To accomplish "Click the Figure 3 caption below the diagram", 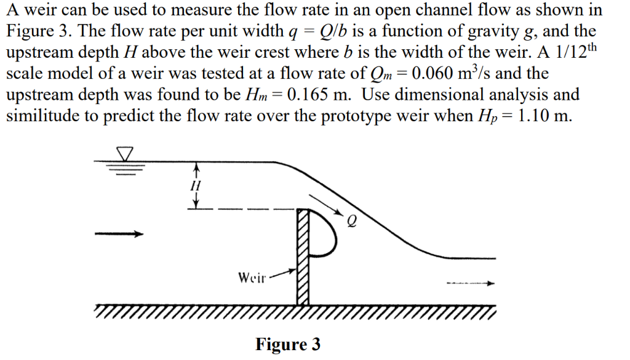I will (288, 344).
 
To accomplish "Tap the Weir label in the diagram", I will (252, 277).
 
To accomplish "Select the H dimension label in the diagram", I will (196, 185).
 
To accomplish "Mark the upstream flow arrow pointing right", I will (119, 234).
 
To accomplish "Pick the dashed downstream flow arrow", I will (471, 284).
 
